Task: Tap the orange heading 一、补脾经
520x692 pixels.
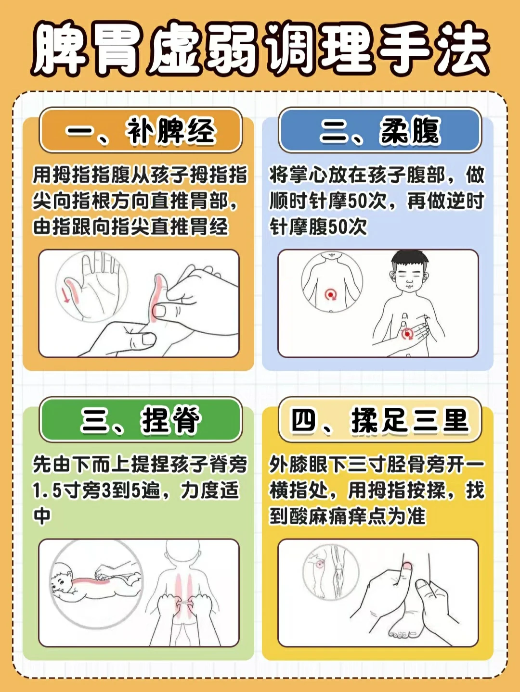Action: click(x=141, y=130)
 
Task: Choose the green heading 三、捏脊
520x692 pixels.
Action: click(x=141, y=420)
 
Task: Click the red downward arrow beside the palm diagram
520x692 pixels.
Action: click(x=65, y=295)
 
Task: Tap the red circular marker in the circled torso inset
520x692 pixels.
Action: click(x=331, y=294)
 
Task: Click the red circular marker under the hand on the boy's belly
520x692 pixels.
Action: click(x=407, y=334)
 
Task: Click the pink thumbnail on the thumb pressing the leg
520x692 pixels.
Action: click(x=407, y=566)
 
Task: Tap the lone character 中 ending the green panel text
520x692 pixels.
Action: click(x=42, y=516)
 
